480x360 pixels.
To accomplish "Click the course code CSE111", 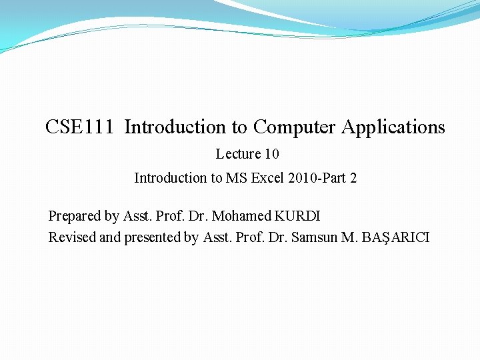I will (79, 127).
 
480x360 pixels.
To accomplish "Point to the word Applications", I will (393, 127).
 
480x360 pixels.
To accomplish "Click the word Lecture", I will (238, 154).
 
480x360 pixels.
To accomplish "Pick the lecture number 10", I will (271, 154).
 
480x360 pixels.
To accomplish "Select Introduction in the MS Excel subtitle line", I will (170, 178).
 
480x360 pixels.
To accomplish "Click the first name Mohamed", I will (241, 216).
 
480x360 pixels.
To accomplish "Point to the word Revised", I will (72, 237).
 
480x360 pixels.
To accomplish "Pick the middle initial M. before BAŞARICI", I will (349, 237).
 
